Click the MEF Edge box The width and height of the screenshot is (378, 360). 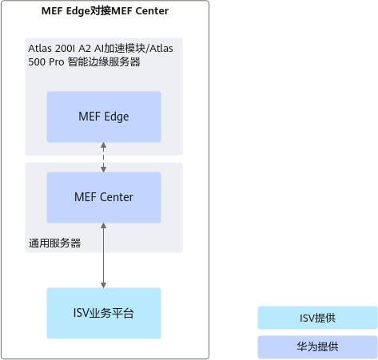(x=104, y=117)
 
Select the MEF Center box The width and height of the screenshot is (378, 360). (x=104, y=197)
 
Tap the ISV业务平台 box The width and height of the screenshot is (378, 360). (x=104, y=313)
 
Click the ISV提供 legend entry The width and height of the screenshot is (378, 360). (x=317, y=318)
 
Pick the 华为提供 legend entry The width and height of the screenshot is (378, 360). (x=317, y=347)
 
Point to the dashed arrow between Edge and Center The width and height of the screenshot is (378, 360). (x=103, y=157)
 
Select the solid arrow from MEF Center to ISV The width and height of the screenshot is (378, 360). (x=103, y=255)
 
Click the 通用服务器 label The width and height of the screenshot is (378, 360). (x=54, y=243)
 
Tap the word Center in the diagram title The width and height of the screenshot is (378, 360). (x=152, y=11)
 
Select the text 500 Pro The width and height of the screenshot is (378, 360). (x=46, y=62)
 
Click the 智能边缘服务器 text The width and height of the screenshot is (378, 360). (x=104, y=62)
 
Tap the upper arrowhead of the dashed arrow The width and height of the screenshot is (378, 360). (x=103, y=145)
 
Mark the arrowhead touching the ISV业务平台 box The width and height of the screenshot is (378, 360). (x=103, y=285)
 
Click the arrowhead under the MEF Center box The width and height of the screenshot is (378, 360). (x=103, y=226)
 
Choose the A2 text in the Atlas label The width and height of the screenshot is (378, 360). (x=85, y=49)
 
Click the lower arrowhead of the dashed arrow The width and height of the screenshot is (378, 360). (x=103, y=169)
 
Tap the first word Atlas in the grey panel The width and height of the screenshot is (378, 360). (x=40, y=49)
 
